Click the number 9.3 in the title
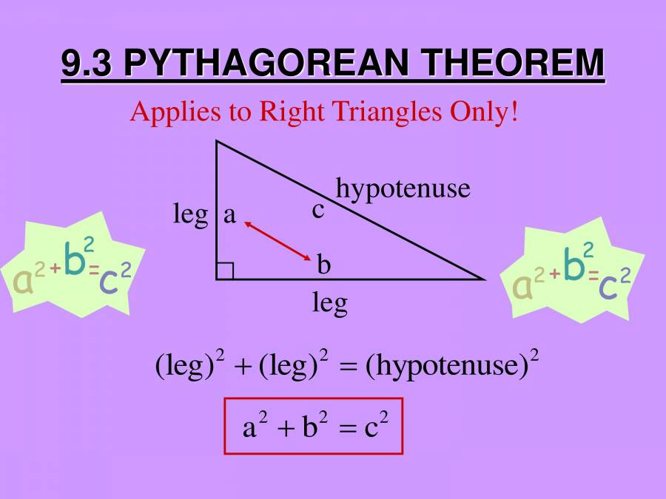[x=87, y=63]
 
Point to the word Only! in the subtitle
[x=484, y=113]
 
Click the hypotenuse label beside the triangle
[x=403, y=189]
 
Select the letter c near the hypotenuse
[x=318, y=211]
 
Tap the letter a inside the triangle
[x=229, y=215]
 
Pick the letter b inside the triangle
[x=323, y=264]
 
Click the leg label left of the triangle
[x=191, y=215]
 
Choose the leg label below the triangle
[x=330, y=304]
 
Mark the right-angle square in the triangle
[x=225, y=271]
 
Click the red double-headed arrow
[x=277, y=240]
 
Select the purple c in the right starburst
[x=608, y=286]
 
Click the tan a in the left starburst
[x=23, y=282]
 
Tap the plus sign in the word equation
[x=243, y=367]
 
